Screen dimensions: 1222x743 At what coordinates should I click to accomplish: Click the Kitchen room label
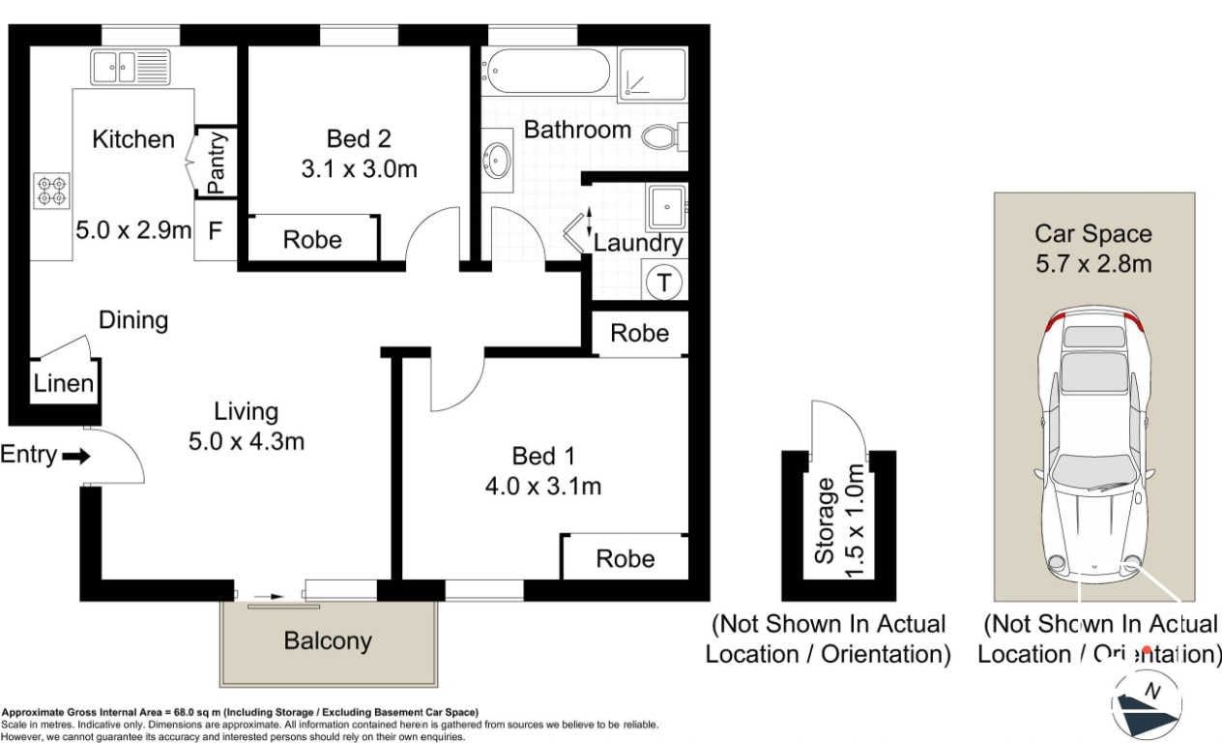coord(133,139)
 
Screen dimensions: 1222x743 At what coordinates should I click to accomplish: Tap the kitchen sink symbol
coord(131,67)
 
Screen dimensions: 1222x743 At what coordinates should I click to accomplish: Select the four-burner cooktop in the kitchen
coord(52,191)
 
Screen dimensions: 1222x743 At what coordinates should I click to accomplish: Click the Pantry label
coord(216,163)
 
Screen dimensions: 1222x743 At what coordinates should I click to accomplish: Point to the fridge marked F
coord(216,231)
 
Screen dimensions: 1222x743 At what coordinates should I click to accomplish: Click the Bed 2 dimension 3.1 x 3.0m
coord(359,169)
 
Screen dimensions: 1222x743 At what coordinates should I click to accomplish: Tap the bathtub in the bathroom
coord(549,71)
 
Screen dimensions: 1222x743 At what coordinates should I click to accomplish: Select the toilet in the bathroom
coord(665,136)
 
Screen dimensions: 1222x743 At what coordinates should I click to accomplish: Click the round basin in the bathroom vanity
coord(497,160)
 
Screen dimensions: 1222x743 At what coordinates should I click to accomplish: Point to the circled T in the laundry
coord(664,282)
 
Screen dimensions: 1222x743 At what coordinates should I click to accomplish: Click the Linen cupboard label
coord(63,383)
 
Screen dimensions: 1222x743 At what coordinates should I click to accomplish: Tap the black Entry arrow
coord(76,456)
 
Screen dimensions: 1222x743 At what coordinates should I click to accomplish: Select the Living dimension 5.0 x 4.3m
coord(246,441)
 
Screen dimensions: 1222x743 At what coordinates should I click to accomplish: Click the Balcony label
coord(328,640)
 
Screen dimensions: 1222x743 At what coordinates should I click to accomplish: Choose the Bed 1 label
coord(543,456)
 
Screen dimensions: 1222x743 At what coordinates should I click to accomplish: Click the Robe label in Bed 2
coord(312,240)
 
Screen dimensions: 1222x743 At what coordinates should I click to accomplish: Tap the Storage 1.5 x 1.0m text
coord(839,520)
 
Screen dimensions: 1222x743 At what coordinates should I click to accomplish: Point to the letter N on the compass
coord(1152,691)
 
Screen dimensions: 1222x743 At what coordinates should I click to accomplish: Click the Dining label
coord(133,320)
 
